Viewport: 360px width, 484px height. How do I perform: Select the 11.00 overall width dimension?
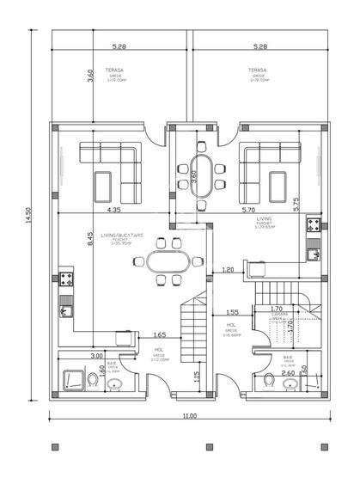(189, 416)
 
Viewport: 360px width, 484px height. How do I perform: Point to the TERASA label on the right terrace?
(256, 70)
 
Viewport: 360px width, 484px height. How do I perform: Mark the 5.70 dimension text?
(249, 210)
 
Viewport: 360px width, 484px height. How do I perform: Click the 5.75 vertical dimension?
(296, 204)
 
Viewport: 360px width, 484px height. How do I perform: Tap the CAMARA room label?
(278, 315)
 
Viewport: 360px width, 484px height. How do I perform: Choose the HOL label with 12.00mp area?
(160, 350)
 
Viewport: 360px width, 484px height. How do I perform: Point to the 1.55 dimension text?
(232, 312)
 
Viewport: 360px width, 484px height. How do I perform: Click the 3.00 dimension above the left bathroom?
(96, 355)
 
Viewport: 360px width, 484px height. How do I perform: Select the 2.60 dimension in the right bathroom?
(288, 373)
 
